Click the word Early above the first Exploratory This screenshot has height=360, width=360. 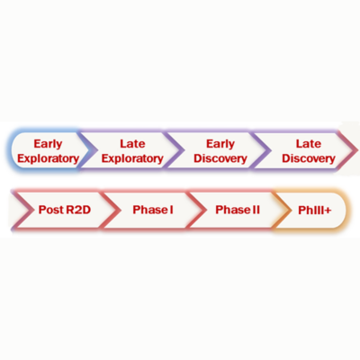48,144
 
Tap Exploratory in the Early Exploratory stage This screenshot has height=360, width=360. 48,158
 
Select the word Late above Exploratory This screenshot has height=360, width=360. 132,144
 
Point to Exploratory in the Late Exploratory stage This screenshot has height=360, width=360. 132,158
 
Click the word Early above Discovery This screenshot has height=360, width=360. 220,144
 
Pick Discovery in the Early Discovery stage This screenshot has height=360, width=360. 220,158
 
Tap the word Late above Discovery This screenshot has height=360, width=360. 309,144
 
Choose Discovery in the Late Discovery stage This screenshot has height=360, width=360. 309,158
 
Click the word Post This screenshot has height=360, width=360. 51,210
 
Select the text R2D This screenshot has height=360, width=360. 78,210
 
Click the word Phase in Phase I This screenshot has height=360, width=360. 150,210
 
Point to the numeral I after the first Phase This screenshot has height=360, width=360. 171,210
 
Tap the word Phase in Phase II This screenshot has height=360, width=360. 233,210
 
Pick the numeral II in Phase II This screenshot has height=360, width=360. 256,210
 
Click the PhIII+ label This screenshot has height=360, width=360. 315,210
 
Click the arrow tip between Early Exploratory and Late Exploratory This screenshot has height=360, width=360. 96,150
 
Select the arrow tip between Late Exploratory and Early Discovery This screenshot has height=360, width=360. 184,150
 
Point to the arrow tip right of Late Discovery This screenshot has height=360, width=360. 357,150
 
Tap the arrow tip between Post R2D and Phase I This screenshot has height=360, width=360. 120,210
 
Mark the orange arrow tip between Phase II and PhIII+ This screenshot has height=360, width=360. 290,210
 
